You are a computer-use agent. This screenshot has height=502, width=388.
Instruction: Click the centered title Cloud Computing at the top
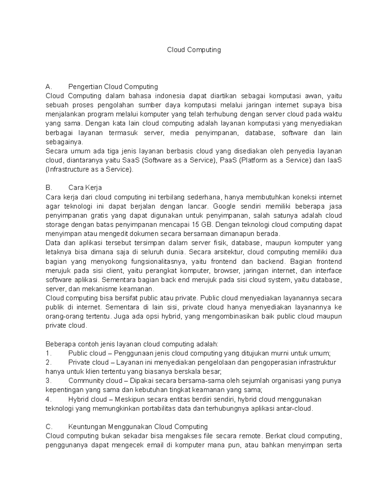pyautogui.click(x=194, y=50)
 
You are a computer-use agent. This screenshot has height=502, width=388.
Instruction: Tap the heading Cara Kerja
pyautogui.click(x=85, y=188)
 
